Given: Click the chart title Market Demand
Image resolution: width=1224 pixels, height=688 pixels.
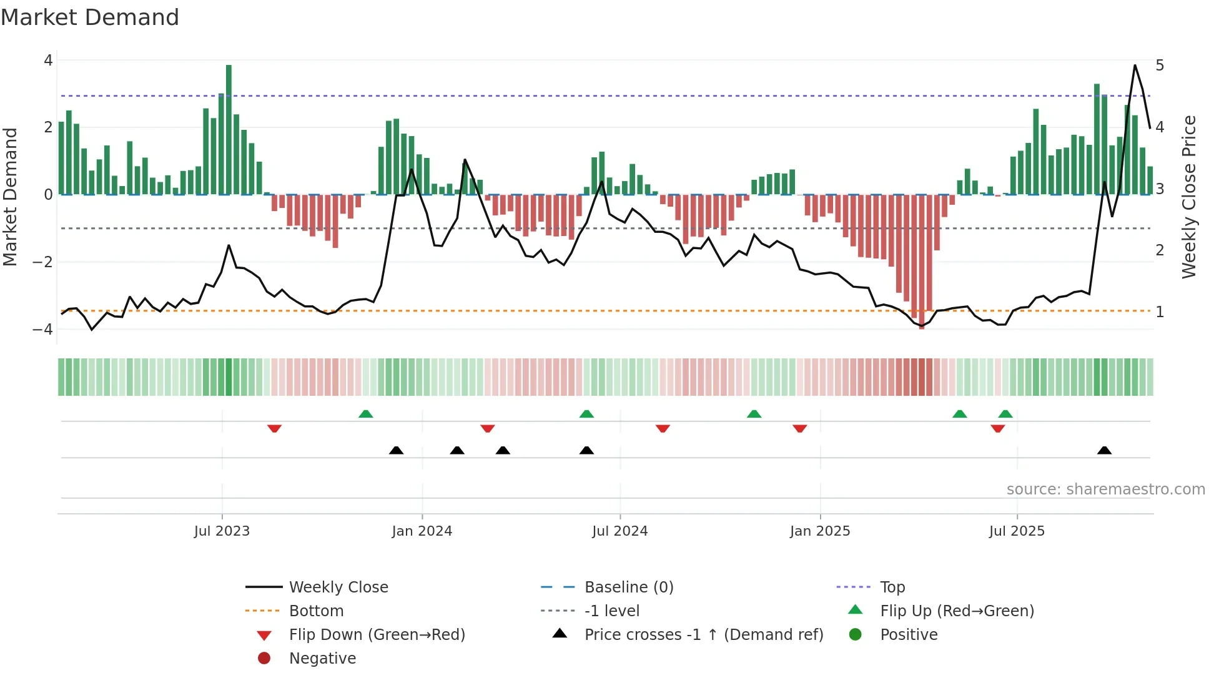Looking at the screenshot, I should pos(90,17).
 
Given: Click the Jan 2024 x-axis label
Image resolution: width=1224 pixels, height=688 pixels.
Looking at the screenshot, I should pos(422,531).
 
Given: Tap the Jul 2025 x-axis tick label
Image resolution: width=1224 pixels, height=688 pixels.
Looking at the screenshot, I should pos(1016,531).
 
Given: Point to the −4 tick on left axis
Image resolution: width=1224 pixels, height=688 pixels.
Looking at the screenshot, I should pos(42,329).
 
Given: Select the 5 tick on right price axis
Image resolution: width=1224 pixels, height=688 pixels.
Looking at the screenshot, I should pos(1160,66).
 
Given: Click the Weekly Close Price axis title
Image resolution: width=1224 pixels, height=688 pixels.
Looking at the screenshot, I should pos(1188,197).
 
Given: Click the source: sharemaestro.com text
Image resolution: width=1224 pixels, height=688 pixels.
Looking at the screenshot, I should pos(1105,489).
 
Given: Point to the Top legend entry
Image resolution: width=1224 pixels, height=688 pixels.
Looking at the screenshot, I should pos(892,587).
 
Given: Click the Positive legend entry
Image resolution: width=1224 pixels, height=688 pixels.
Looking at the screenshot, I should pos(908,635).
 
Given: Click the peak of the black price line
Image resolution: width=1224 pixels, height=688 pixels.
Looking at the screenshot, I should pos(1135,66).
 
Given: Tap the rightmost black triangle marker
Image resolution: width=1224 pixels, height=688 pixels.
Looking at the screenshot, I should pos(1104,451).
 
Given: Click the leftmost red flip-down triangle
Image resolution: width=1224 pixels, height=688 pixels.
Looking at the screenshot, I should pos(274,428).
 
